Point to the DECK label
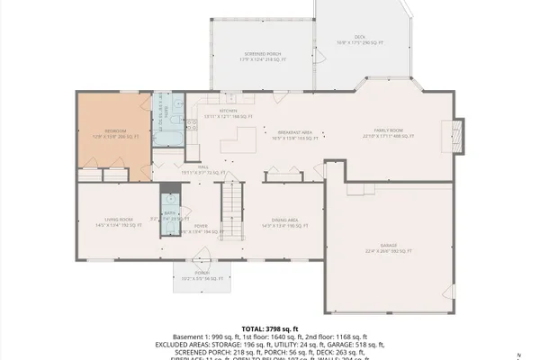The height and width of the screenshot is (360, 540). tap(359, 37)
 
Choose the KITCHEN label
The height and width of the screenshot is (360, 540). tap(227, 111)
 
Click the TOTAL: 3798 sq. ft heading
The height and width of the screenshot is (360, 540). tap(269, 330)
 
